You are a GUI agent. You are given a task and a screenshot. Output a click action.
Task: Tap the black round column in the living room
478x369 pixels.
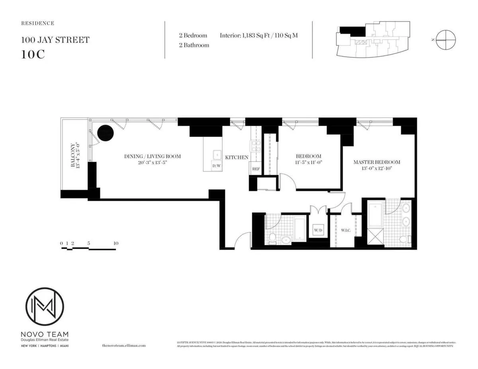coord(106,133)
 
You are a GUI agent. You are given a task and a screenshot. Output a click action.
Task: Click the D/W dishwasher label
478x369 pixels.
coord(216,166)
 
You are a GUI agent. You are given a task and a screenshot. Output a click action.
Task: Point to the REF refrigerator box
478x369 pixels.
coord(256,169)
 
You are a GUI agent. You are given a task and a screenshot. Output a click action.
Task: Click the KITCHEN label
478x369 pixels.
coord(237,158)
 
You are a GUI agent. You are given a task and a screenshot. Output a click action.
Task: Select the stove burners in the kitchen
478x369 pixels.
coord(255,146)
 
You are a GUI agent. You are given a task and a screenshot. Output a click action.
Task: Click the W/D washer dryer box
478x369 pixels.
coord(318,230)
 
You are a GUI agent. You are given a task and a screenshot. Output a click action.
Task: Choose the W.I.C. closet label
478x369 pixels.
coord(345,230)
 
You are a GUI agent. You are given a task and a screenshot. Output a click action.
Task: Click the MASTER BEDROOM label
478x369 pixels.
coord(376,162)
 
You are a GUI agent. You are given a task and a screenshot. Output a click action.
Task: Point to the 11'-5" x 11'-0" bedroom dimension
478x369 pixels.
coord(308,162)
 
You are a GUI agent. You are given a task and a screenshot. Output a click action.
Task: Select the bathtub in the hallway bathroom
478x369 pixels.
coord(300,229)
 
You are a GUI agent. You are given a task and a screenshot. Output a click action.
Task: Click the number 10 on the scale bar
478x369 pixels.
coord(116,243)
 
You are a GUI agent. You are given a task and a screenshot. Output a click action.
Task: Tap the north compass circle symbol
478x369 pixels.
coord(445,40)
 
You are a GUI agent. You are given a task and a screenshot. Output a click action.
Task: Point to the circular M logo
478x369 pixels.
coord(45,307)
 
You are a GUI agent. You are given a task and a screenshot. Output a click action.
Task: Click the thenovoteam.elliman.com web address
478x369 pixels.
coord(121,346)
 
